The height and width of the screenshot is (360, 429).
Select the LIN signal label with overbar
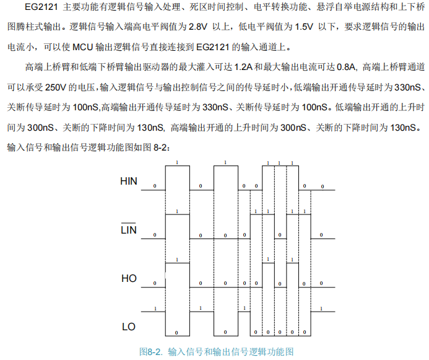tap(129, 230)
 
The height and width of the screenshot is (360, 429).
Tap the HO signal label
tap(129, 279)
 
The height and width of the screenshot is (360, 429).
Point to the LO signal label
tap(129, 327)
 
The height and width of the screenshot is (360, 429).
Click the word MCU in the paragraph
tap(80, 48)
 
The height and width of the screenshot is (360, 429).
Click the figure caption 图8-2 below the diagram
tap(150, 351)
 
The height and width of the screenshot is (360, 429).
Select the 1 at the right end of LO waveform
tap(321, 308)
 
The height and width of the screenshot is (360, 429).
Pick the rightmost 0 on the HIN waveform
tap(321, 186)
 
